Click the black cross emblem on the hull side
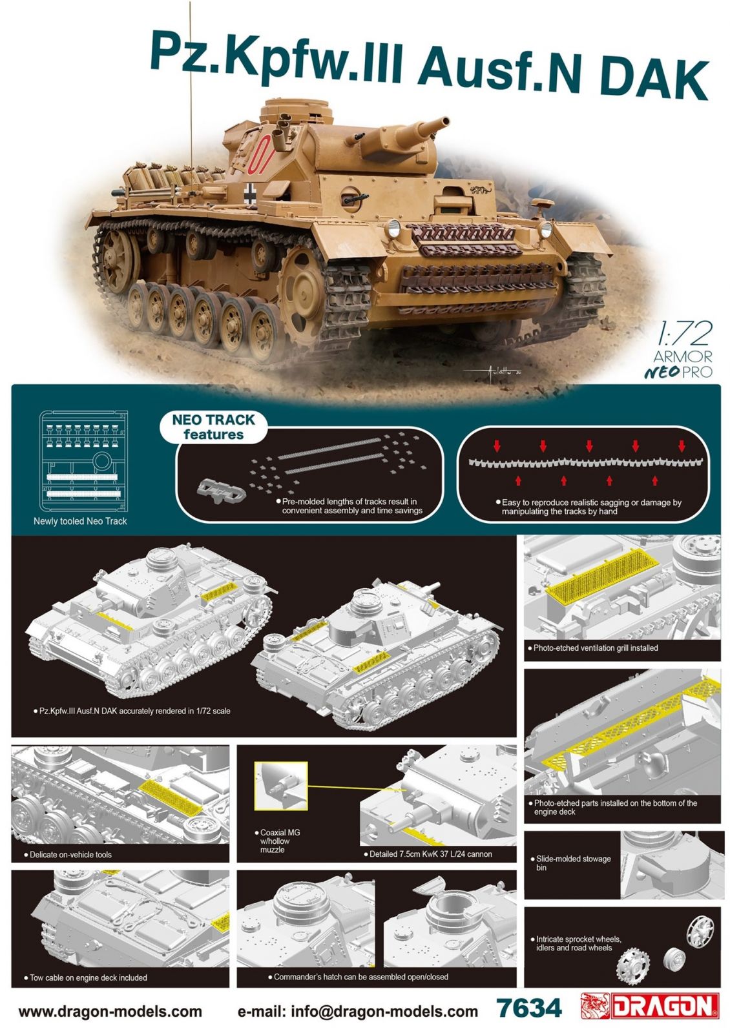(251, 191)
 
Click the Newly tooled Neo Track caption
(80, 521)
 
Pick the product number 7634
(529, 1008)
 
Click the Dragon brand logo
(650, 1006)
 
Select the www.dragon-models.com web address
(110, 1011)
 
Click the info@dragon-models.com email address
(358, 1011)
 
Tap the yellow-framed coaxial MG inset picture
(281, 786)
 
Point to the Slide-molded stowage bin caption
(572, 863)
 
